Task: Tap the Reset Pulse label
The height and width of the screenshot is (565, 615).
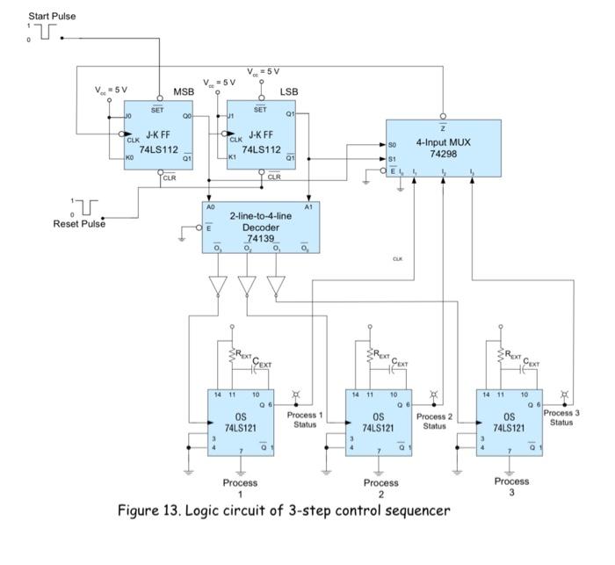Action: click(79, 224)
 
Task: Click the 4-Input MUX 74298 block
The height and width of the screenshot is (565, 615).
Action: click(444, 148)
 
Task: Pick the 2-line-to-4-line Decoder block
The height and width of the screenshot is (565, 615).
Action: click(259, 227)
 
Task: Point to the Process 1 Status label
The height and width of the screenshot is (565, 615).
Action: click(304, 419)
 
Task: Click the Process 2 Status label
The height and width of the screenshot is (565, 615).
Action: click(434, 421)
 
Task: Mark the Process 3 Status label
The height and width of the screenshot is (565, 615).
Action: click(562, 417)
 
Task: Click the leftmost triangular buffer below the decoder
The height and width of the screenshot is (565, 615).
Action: click(216, 287)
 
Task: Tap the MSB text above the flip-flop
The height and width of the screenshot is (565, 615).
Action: click(183, 91)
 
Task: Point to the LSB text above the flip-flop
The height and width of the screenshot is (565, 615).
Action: click(289, 91)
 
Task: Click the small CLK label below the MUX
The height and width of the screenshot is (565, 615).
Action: click(397, 259)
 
